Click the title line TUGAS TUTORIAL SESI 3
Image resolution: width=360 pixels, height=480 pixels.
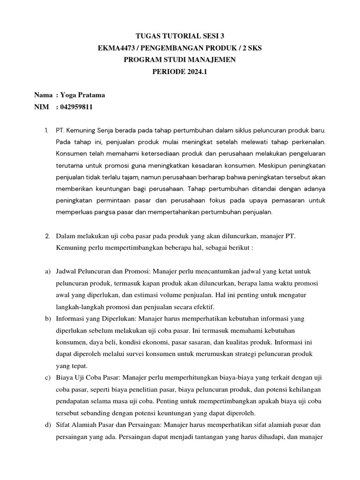click(180, 36)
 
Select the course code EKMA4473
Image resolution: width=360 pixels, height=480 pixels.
click(112, 47)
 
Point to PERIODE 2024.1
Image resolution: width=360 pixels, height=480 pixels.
click(180, 71)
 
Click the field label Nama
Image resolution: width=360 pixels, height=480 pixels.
click(43, 95)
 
